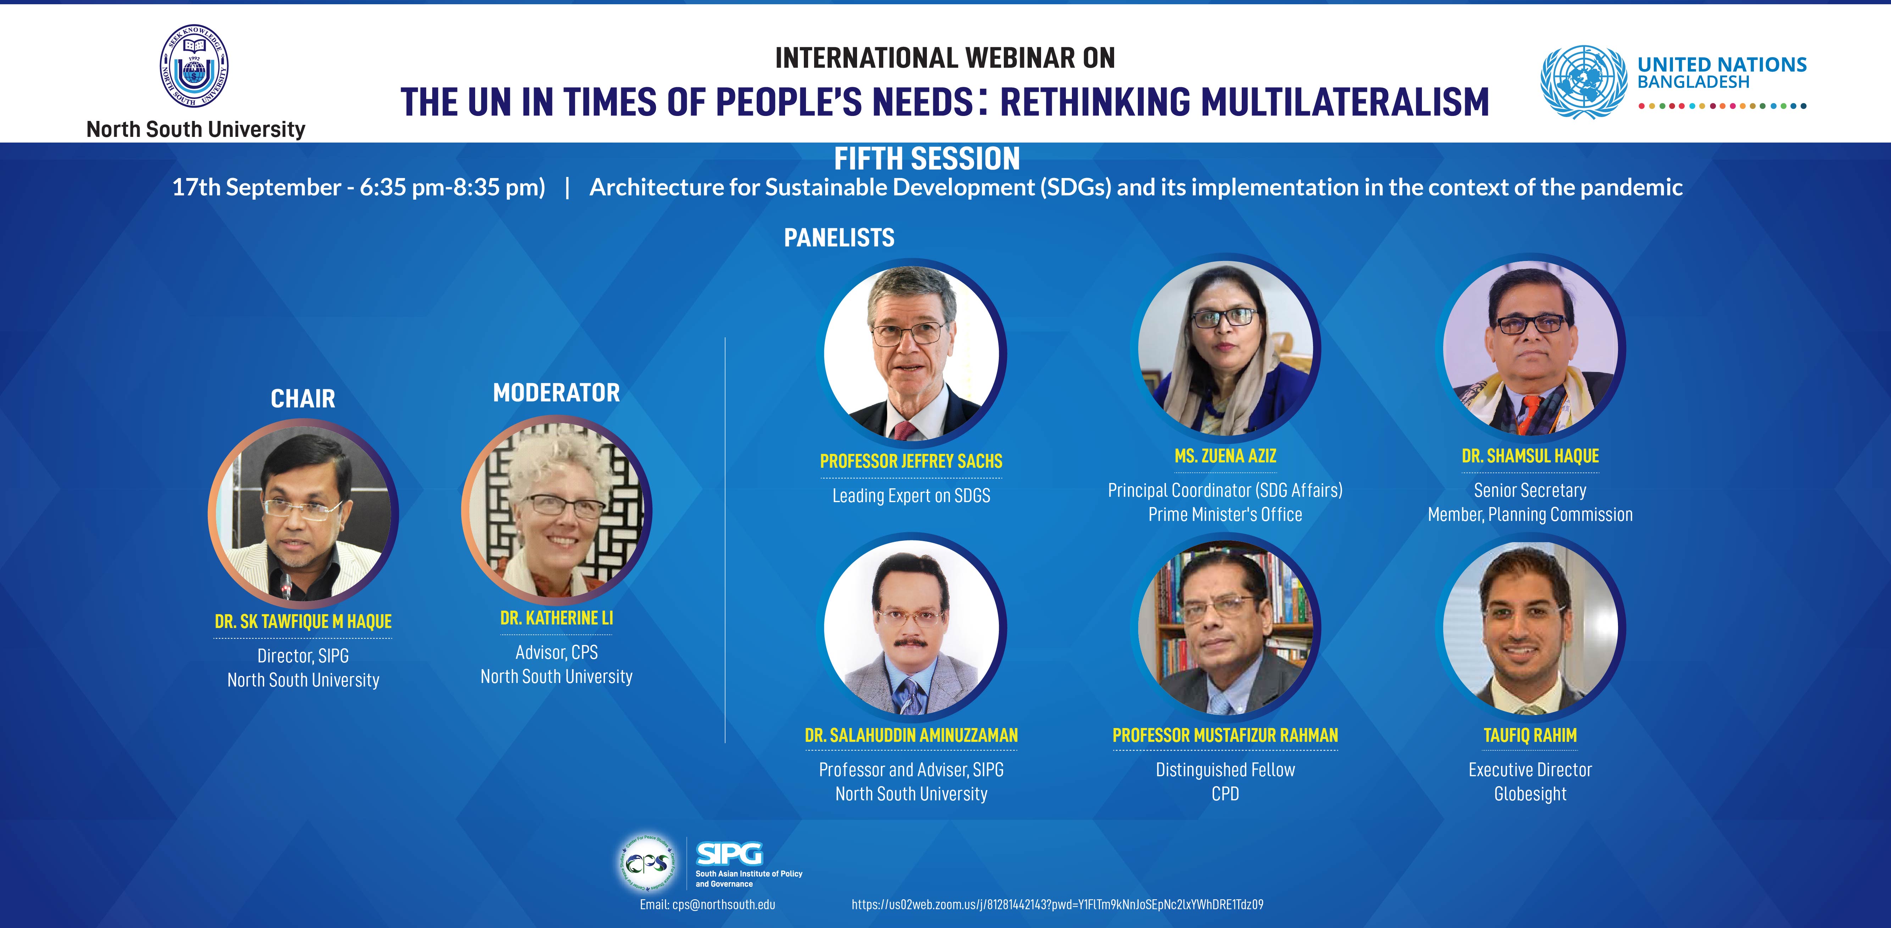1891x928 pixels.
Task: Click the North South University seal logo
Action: coord(194,67)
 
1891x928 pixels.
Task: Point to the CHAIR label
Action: coord(302,399)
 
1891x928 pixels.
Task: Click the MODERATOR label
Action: coord(556,393)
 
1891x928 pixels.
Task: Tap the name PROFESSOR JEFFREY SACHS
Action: coord(911,461)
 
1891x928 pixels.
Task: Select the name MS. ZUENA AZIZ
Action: coord(1225,456)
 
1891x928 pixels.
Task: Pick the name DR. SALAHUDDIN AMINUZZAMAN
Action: coord(911,735)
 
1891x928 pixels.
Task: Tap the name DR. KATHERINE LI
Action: coord(556,618)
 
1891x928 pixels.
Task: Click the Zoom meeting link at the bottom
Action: coord(1057,905)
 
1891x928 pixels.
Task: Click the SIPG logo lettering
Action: coord(729,854)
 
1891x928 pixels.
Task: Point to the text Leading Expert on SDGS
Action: coord(911,496)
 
